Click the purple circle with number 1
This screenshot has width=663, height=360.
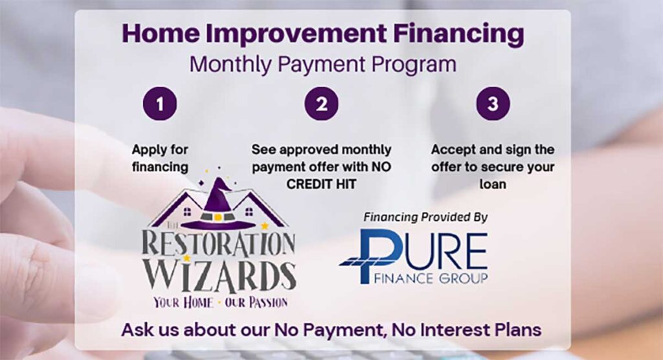click(160, 104)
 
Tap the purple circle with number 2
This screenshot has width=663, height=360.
click(322, 104)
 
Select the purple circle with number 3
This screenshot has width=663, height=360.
click(493, 104)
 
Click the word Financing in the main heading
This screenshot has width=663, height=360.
click(459, 34)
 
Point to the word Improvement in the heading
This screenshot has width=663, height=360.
click(296, 34)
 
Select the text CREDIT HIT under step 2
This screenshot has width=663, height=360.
click(321, 184)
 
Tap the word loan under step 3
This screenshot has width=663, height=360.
click(493, 184)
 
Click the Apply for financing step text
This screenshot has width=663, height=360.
click(160, 158)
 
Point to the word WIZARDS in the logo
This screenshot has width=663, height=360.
click(219, 276)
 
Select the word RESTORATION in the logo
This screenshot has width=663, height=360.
click(218, 244)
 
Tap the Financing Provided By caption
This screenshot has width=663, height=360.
click(425, 217)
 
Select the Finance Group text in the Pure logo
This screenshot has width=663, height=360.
click(431, 278)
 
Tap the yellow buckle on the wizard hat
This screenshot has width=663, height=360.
click(218, 217)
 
